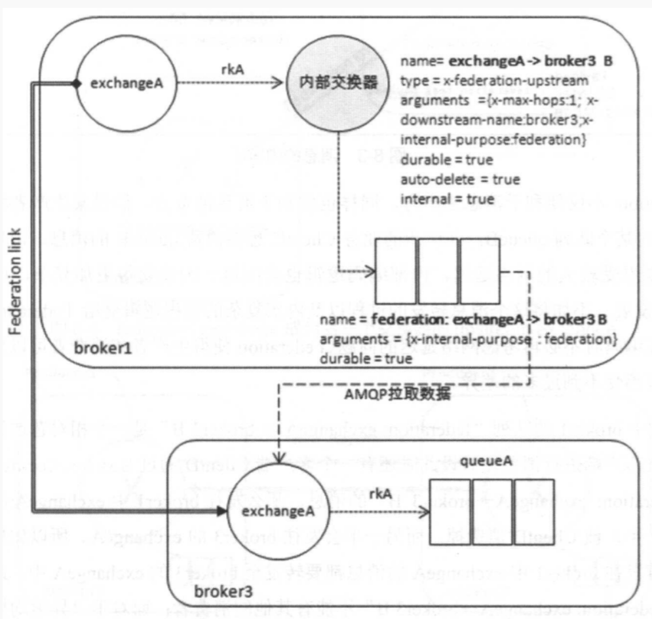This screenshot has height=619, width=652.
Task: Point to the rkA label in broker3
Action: pos(381,491)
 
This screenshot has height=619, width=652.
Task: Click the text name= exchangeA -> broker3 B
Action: pos(506,63)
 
